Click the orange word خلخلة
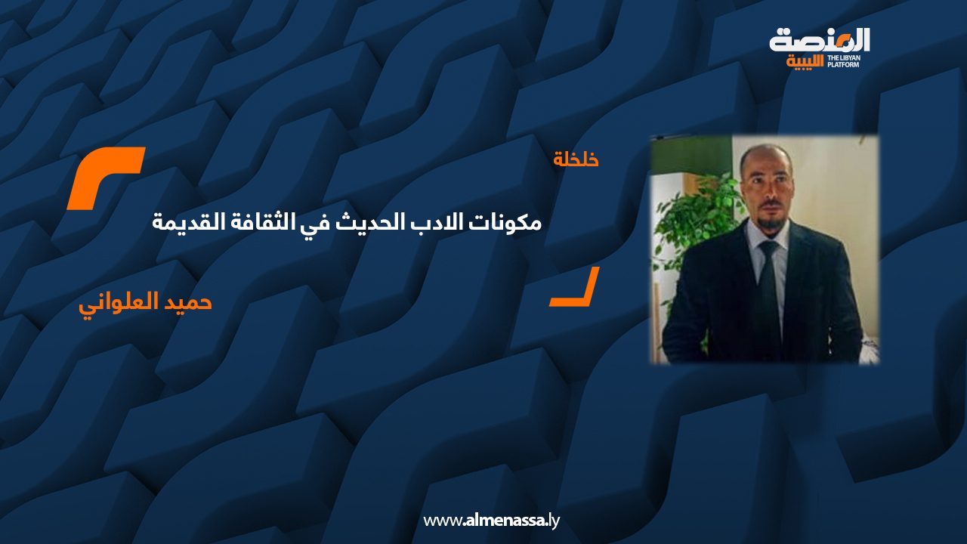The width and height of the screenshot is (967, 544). pos(576,159)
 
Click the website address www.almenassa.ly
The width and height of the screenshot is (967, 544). pos(491,520)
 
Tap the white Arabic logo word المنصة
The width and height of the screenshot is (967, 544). pos(820,41)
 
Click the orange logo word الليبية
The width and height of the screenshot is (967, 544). pos(805,62)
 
